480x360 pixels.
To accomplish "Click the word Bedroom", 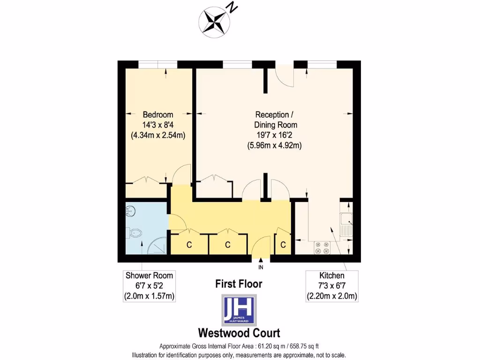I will (x=158, y=115).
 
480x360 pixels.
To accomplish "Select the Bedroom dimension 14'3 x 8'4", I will (x=158, y=125).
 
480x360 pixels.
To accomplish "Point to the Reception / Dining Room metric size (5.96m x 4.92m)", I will (x=275, y=145).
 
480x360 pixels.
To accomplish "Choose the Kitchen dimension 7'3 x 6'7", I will (x=332, y=286).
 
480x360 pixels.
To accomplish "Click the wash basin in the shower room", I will (x=131, y=212).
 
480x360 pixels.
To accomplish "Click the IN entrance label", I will (x=261, y=267).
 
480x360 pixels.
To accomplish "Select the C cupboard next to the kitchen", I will (x=283, y=244).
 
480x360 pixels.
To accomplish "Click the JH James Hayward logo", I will (x=239, y=310).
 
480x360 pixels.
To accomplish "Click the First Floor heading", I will (x=239, y=284).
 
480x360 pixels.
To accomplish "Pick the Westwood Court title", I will (x=239, y=333).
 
